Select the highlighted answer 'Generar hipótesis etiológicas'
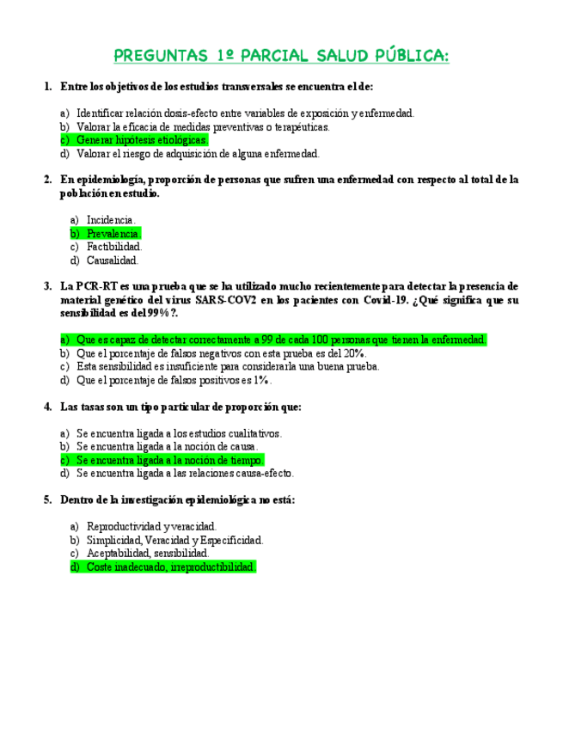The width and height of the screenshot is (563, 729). coord(141,140)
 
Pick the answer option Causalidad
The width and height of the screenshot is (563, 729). coord(112,260)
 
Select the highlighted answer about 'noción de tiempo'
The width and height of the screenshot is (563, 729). coord(169,460)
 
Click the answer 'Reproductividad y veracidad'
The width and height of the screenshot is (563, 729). coord(151,526)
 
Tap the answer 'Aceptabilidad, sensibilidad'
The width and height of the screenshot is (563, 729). coord(148,554)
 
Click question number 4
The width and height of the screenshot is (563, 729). coord(47,407)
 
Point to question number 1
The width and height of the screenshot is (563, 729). coord(47,87)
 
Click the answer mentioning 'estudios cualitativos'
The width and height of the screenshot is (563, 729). coord(179,434)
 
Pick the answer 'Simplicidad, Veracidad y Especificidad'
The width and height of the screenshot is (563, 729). coord(174,540)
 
